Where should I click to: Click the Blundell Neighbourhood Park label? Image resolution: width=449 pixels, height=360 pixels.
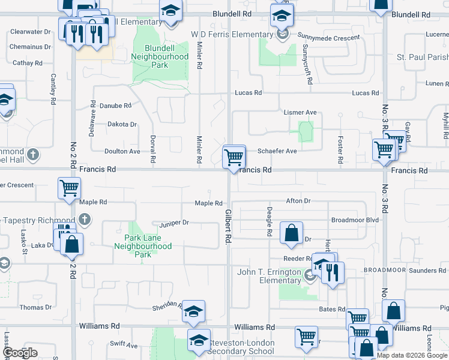(x=160, y=56)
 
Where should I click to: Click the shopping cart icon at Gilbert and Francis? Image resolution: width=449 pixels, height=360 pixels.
(x=234, y=157)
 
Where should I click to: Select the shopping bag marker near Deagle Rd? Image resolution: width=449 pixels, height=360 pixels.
(x=291, y=233)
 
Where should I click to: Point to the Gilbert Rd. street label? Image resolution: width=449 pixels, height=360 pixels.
(x=229, y=226)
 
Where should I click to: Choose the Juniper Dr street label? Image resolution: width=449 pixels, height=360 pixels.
(x=174, y=223)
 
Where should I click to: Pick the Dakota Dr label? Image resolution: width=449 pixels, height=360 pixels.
(x=122, y=124)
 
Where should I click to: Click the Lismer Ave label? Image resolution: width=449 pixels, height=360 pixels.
(x=300, y=112)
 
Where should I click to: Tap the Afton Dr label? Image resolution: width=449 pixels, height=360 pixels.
(x=298, y=201)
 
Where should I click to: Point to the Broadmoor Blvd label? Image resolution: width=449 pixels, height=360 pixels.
(x=355, y=220)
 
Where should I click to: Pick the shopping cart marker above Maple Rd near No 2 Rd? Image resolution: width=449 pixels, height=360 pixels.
(x=69, y=188)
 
